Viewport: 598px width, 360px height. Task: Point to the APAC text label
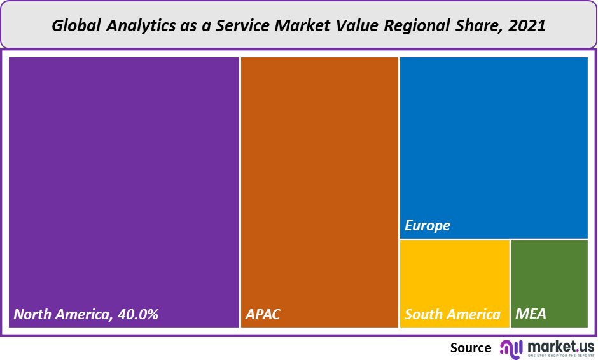263,314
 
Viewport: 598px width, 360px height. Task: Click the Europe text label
428,226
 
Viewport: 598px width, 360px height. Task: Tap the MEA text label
531,314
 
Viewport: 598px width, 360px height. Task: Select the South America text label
452,314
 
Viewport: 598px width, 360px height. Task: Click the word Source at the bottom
471,348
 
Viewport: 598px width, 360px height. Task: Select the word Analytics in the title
133,26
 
